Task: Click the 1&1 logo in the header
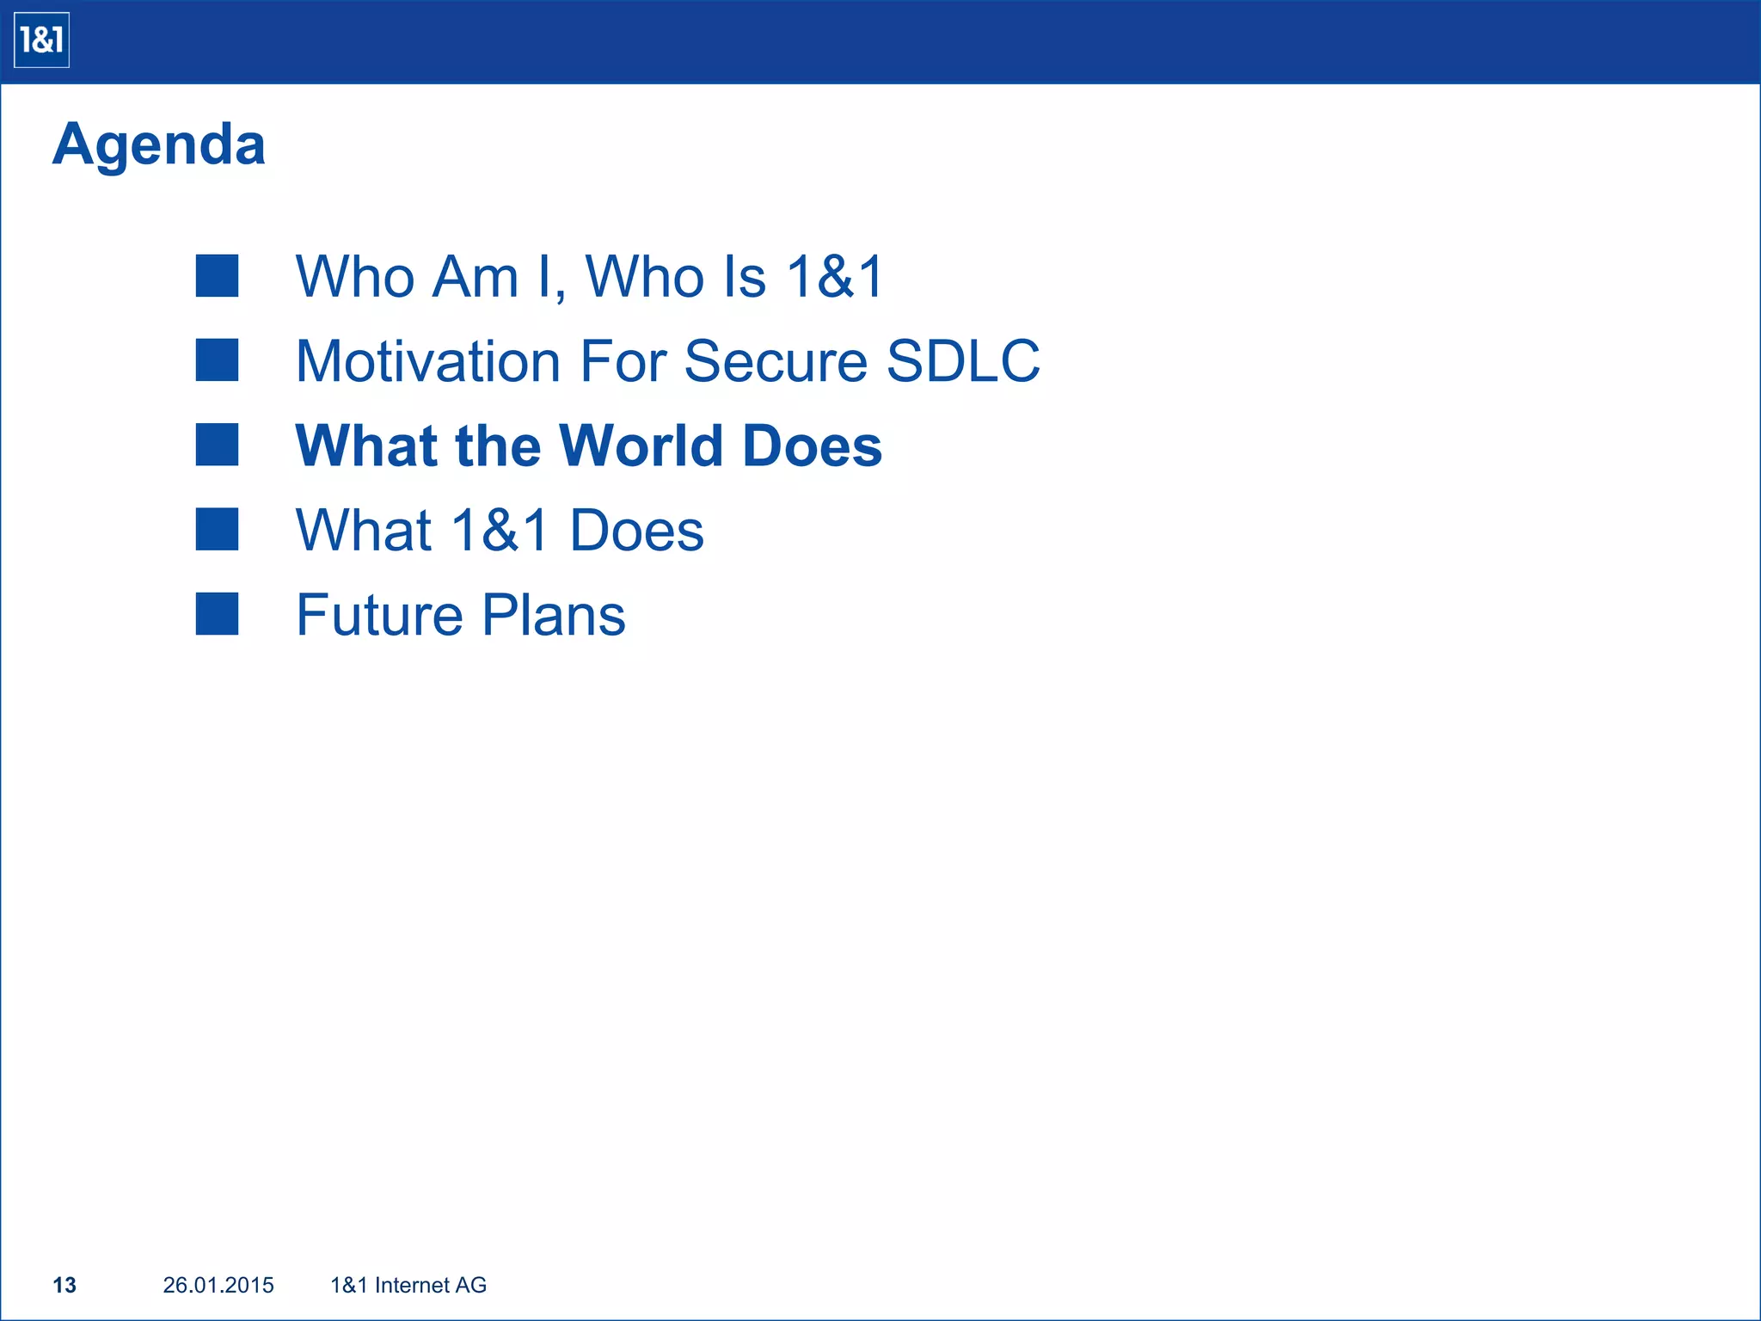41,40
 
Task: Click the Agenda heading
159,144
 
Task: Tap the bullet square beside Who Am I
217,276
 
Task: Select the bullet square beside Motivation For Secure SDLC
217,360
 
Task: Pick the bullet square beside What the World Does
217,445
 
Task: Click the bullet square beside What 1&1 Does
217,529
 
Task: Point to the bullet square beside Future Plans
217,614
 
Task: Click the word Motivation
428,360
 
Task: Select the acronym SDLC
963,360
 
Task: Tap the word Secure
776,360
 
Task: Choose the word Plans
553,615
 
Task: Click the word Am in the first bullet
476,277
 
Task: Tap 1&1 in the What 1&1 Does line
500,530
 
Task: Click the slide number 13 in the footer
64,1285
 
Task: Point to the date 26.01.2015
218,1285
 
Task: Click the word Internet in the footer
413,1285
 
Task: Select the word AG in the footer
471,1285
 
